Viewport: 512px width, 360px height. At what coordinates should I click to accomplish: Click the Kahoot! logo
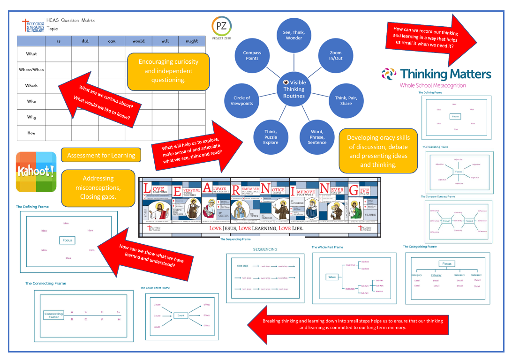pos(36,172)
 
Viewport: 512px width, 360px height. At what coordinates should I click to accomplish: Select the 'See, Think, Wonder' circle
pos(294,35)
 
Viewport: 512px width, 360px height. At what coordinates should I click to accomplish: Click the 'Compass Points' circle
pos(252,55)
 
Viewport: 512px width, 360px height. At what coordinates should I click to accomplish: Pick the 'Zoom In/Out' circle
pos(336,55)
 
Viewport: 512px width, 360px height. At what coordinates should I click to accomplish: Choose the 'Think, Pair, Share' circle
pos(346,100)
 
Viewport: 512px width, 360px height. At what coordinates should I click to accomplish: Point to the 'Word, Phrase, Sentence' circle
pos(317,137)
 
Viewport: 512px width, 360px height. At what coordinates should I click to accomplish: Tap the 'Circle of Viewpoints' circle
pos(242,100)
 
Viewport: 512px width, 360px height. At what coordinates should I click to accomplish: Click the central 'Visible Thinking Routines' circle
pos(294,89)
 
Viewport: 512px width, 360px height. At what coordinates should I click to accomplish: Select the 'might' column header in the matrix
pos(192,41)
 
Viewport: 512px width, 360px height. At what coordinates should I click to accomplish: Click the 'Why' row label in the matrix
pos(31,117)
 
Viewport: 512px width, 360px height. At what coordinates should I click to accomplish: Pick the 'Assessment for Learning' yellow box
pos(101,155)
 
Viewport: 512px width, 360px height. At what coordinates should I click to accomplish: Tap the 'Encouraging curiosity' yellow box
pos(168,71)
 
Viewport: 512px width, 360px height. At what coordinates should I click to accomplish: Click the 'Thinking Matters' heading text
pos(445,74)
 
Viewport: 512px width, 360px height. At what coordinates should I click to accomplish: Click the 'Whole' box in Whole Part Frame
pos(332,277)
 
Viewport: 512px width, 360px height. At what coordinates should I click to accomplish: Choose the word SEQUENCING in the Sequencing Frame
pos(265,249)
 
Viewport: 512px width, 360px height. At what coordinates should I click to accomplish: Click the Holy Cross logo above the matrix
pos(32,25)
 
